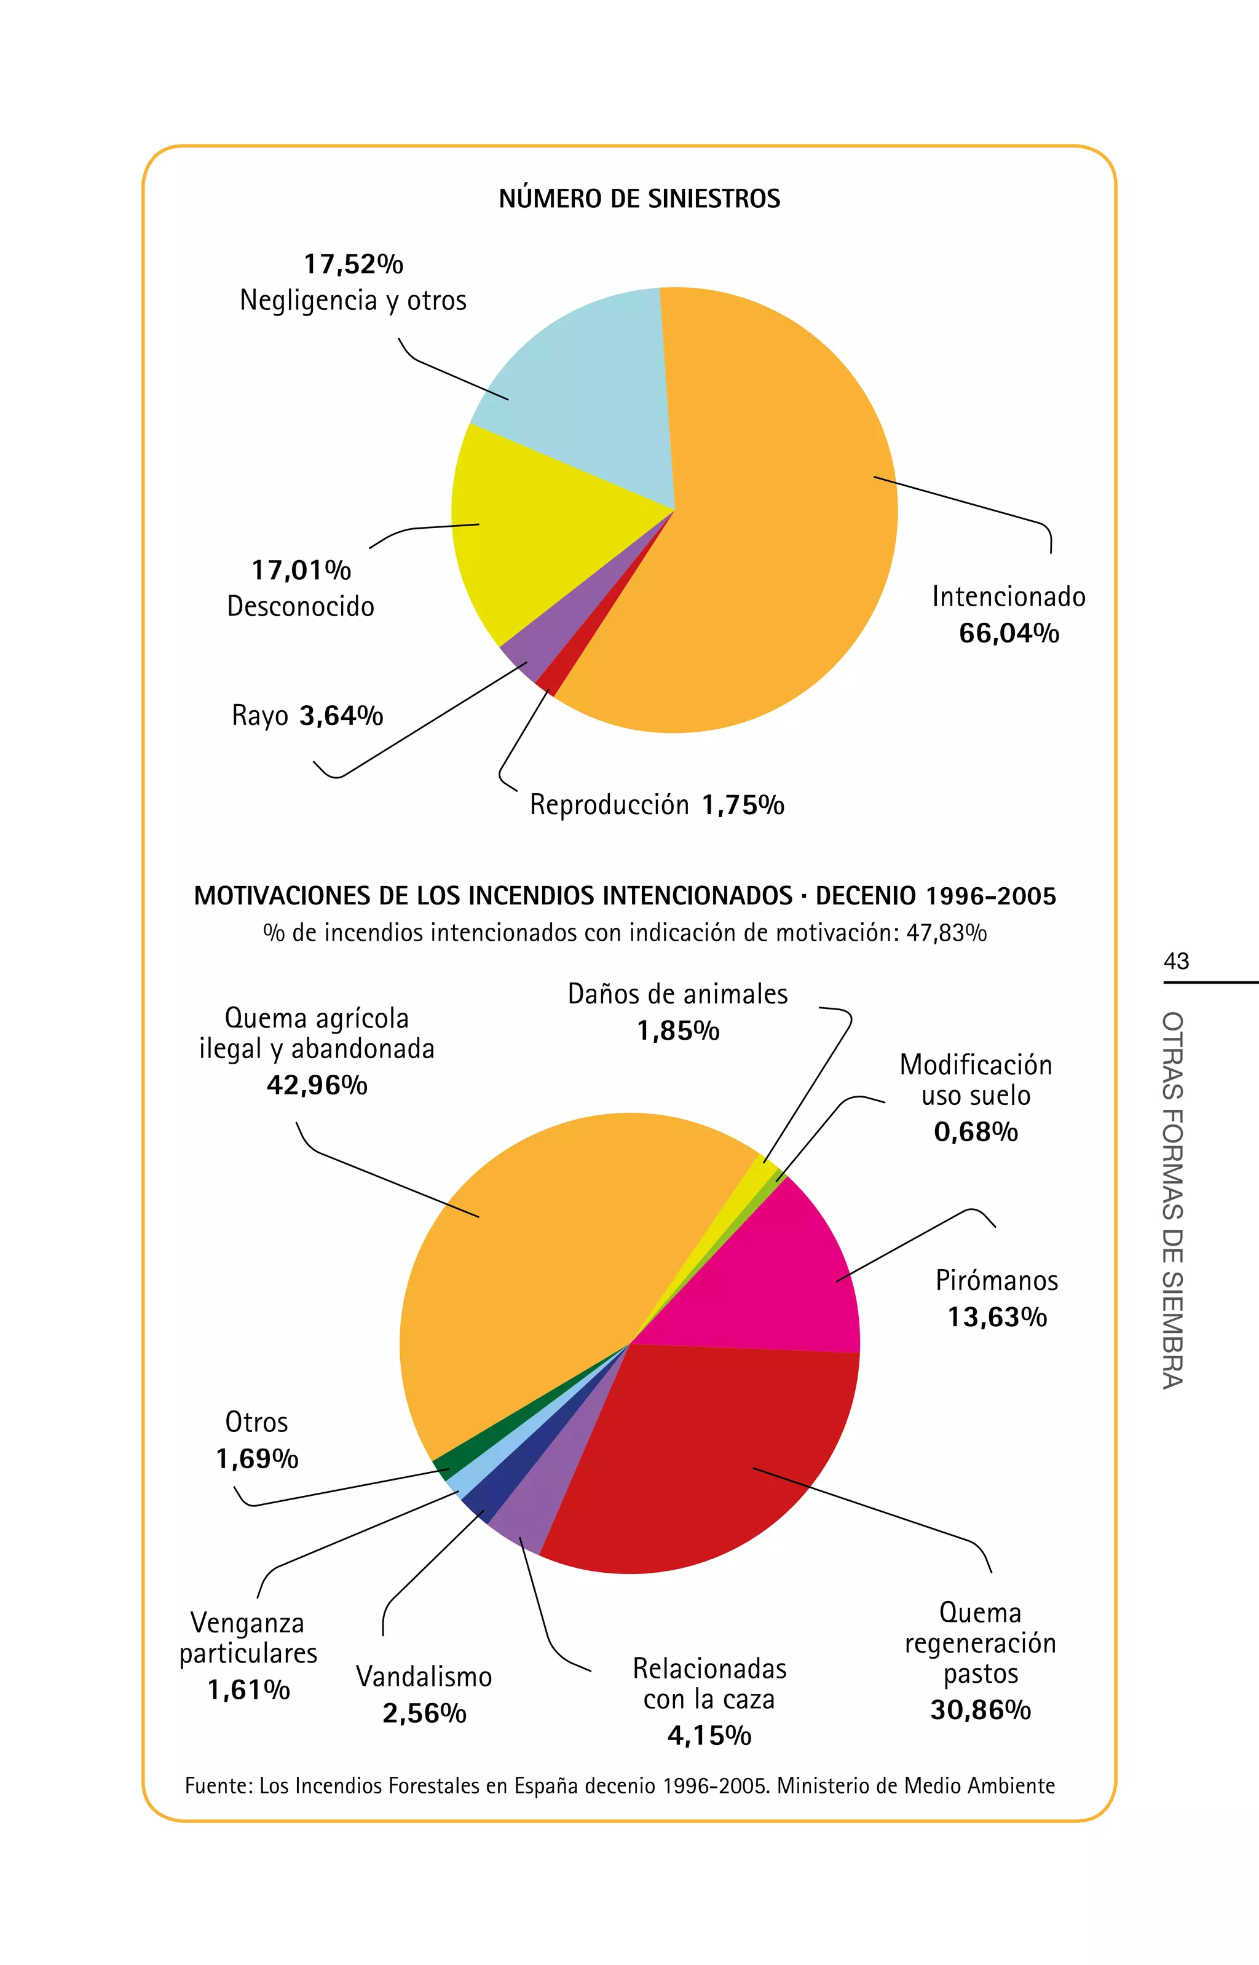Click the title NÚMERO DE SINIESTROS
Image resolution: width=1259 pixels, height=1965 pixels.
point(639,199)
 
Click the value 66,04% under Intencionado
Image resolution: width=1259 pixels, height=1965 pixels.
point(1009,633)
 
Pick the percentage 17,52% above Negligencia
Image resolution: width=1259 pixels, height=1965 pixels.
point(353,264)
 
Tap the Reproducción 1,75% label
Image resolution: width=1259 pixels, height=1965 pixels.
point(657,805)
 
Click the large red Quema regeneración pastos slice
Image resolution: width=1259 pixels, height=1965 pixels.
point(695,1463)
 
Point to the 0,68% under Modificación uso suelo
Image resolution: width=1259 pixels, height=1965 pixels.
point(976,1132)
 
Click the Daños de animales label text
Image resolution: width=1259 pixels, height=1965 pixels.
point(677,994)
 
